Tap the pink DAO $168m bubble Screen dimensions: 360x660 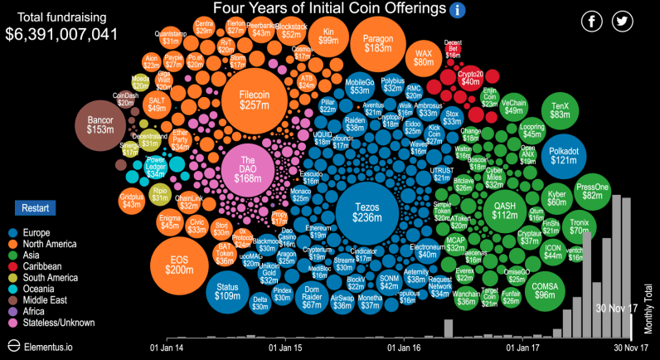click(x=246, y=171)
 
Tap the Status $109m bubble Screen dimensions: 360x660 click(x=227, y=291)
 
